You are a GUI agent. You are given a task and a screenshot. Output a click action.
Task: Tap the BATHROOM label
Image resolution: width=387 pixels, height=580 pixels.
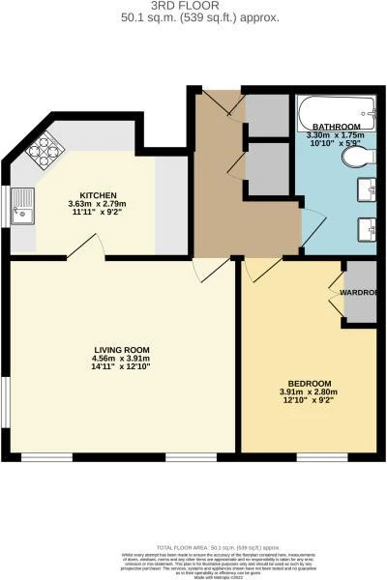[x=336, y=128]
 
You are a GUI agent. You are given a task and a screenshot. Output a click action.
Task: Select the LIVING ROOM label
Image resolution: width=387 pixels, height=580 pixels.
[x=121, y=350]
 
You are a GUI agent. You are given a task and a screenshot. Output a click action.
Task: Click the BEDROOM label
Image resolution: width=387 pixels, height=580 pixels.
[x=306, y=383]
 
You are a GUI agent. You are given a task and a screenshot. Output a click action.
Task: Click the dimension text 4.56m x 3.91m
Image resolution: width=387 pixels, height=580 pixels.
[x=121, y=360]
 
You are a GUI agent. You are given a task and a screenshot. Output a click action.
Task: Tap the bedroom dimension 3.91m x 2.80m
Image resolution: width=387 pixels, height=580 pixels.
[x=306, y=392]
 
